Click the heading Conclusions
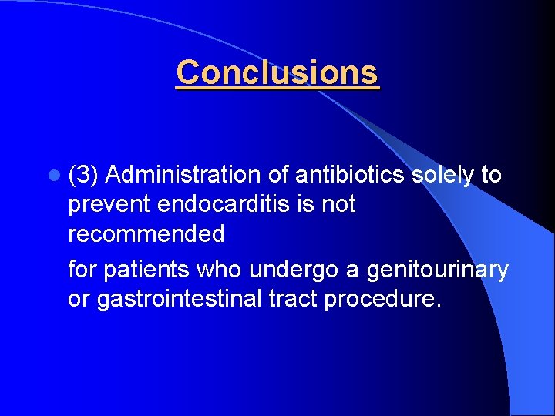(x=277, y=73)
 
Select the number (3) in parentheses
(x=83, y=176)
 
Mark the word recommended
(x=146, y=233)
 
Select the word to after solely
(x=491, y=176)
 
